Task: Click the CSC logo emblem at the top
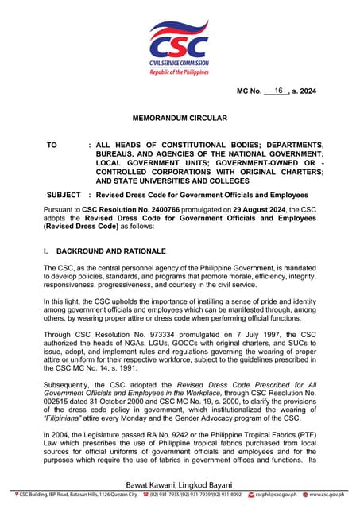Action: click(x=180, y=41)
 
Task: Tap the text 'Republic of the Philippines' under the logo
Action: click(x=180, y=72)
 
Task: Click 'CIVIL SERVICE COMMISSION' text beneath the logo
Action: click(x=180, y=63)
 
